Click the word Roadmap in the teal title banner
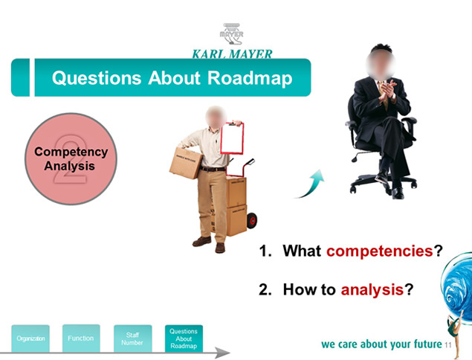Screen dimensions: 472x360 point(250,78)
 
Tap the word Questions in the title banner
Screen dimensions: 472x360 point(97,78)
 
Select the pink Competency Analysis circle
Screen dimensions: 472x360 point(71,158)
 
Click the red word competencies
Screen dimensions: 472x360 point(380,251)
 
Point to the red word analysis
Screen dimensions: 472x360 point(372,290)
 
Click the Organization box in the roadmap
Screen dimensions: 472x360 point(30,338)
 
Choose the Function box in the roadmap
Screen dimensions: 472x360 point(81,338)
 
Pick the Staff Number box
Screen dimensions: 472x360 point(132,338)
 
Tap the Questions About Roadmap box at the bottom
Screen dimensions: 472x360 point(184,338)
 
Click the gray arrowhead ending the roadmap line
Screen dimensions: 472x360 point(223,353)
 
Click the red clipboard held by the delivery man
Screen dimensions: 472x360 point(232,138)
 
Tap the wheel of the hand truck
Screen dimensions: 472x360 point(252,220)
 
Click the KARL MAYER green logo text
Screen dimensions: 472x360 point(232,54)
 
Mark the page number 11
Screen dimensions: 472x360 point(448,345)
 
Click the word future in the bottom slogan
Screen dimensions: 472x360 point(427,344)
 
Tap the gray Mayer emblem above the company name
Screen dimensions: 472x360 point(231,33)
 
